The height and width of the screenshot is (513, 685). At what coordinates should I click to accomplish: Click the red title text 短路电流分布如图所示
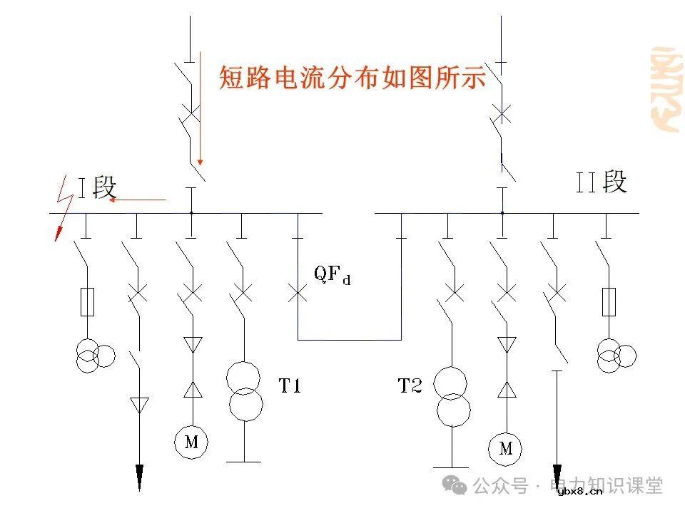[x=352, y=77]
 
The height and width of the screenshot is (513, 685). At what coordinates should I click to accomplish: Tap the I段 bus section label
[x=97, y=188]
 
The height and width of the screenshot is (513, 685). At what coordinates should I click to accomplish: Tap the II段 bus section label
[x=602, y=182]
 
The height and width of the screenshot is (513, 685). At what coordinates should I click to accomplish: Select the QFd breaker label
[x=333, y=274]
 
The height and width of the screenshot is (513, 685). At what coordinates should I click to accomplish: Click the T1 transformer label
[x=290, y=386]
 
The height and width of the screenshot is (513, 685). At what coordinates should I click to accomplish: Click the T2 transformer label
[x=410, y=386]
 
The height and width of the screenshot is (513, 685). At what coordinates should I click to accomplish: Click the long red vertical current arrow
[x=201, y=107]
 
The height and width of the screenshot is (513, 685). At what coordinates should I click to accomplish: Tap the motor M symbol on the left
[x=191, y=442]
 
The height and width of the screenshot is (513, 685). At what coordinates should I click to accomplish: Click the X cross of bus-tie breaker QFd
[x=298, y=291]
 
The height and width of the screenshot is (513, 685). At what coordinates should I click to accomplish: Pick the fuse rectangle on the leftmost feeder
[x=88, y=302]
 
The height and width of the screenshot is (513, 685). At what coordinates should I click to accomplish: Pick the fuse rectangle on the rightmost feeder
[x=609, y=302]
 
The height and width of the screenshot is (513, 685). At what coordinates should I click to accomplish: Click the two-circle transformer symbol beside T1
[x=245, y=389]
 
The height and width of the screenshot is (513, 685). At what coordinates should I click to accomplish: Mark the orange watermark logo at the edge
[x=666, y=89]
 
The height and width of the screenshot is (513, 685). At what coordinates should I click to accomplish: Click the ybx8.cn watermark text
[x=579, y=490]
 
